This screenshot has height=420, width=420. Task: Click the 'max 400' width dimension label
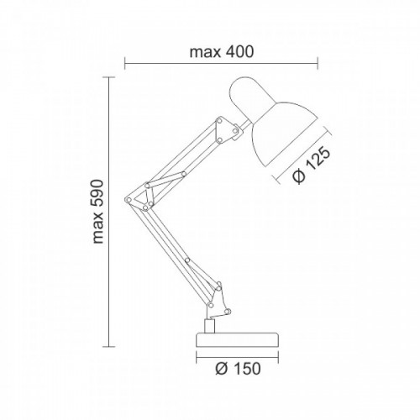coord(222,52)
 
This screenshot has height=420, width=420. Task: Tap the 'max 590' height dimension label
coord(98,212)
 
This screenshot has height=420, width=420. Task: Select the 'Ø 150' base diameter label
coord(238,369)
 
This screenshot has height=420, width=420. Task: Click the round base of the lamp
coord(238,339)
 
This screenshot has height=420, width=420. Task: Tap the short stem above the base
coord(209,326)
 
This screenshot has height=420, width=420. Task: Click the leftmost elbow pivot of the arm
coord(129,200)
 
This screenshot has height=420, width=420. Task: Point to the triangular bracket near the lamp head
coord(225,130)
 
